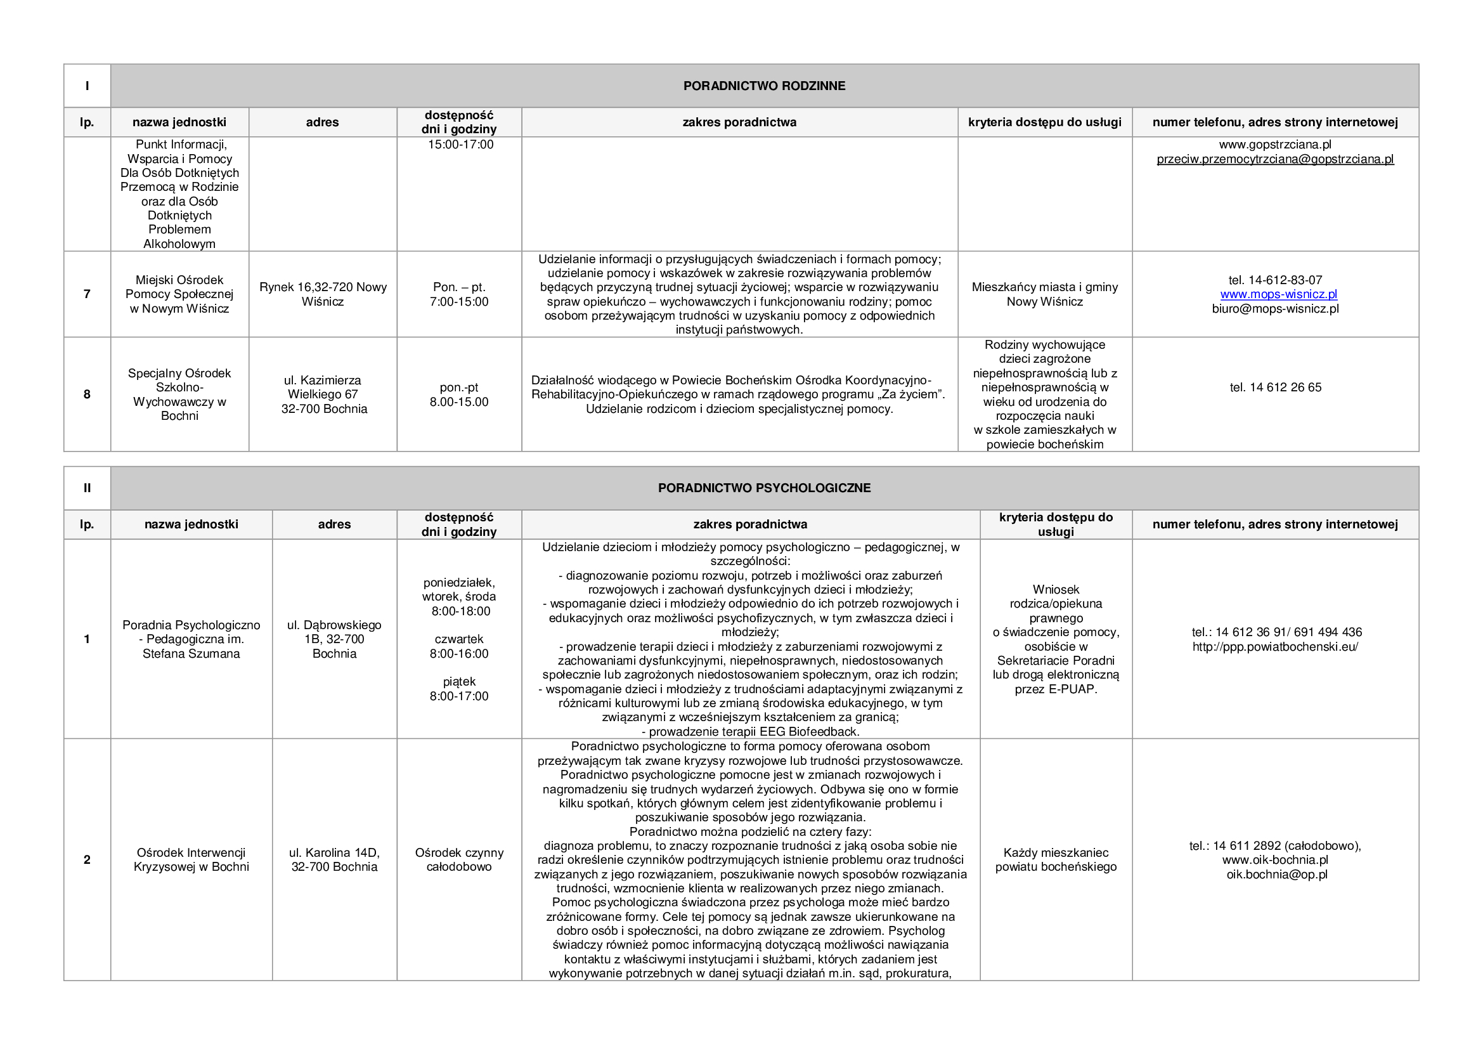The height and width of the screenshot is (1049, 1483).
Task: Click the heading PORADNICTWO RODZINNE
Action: click(764, 86)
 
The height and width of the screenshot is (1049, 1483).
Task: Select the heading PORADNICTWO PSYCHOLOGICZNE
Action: click(764, 488)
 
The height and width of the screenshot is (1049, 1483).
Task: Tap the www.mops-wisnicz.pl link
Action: click(1278, 294)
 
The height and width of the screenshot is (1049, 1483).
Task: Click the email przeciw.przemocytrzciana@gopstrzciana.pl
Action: click(1275, 160)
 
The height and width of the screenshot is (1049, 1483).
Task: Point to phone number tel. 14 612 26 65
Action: click(1275, 388)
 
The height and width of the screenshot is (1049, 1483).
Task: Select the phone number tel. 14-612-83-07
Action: click(1275, 280)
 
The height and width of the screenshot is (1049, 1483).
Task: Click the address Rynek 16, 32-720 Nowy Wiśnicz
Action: click(323, 294)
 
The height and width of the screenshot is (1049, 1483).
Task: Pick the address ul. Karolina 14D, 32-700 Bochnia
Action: click(334, 860)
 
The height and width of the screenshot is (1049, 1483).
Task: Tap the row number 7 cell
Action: click(87, 294)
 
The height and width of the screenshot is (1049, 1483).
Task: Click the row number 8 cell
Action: click(87, 394)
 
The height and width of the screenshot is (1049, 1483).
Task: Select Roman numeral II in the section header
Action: click(87, 488)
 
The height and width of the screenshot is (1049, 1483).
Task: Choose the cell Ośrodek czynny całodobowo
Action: click(459, 860)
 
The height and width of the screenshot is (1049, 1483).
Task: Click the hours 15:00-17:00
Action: click(460, 145)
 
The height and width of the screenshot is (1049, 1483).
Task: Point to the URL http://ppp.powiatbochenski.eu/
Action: click(1275, 646)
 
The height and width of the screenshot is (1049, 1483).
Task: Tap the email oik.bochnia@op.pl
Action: click(1276, 875)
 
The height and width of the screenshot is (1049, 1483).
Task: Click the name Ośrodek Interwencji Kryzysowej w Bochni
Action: click(191, 860)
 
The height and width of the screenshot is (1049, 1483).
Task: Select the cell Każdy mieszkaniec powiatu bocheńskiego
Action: click(1056, 860)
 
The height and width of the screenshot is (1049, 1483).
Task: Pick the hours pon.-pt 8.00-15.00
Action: click(459, 394)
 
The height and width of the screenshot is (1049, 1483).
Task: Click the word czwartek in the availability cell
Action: click(459, 639)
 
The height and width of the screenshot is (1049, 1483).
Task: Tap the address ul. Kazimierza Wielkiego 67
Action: click(323, 388)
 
